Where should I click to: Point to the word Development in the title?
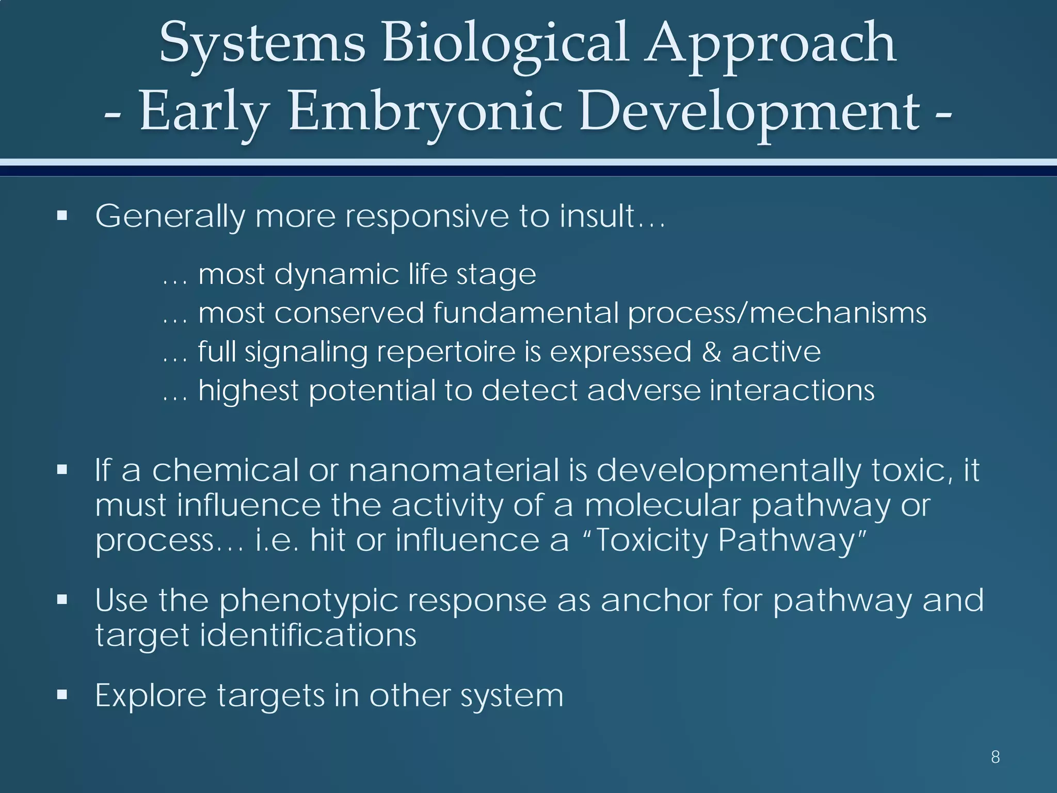749,112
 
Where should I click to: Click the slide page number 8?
996,757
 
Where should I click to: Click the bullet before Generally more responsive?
62,215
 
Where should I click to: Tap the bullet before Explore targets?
62,695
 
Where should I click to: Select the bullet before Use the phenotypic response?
62,600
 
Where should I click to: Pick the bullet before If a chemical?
62,470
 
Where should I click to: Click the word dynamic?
337,274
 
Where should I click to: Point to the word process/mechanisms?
777,313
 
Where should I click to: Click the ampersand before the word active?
711,352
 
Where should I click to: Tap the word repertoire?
446,352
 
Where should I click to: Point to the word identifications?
308,635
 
